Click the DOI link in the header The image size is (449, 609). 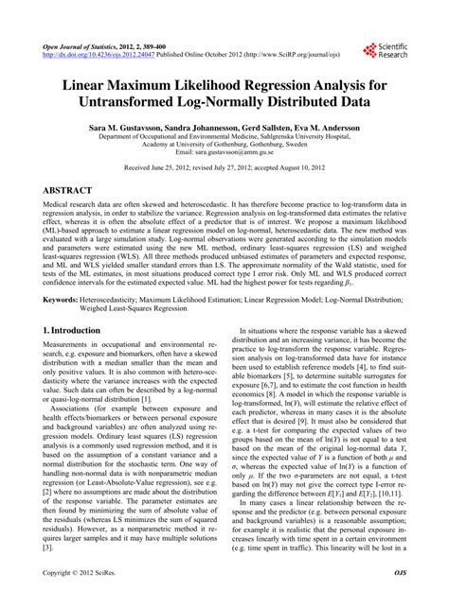coord(105,55)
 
